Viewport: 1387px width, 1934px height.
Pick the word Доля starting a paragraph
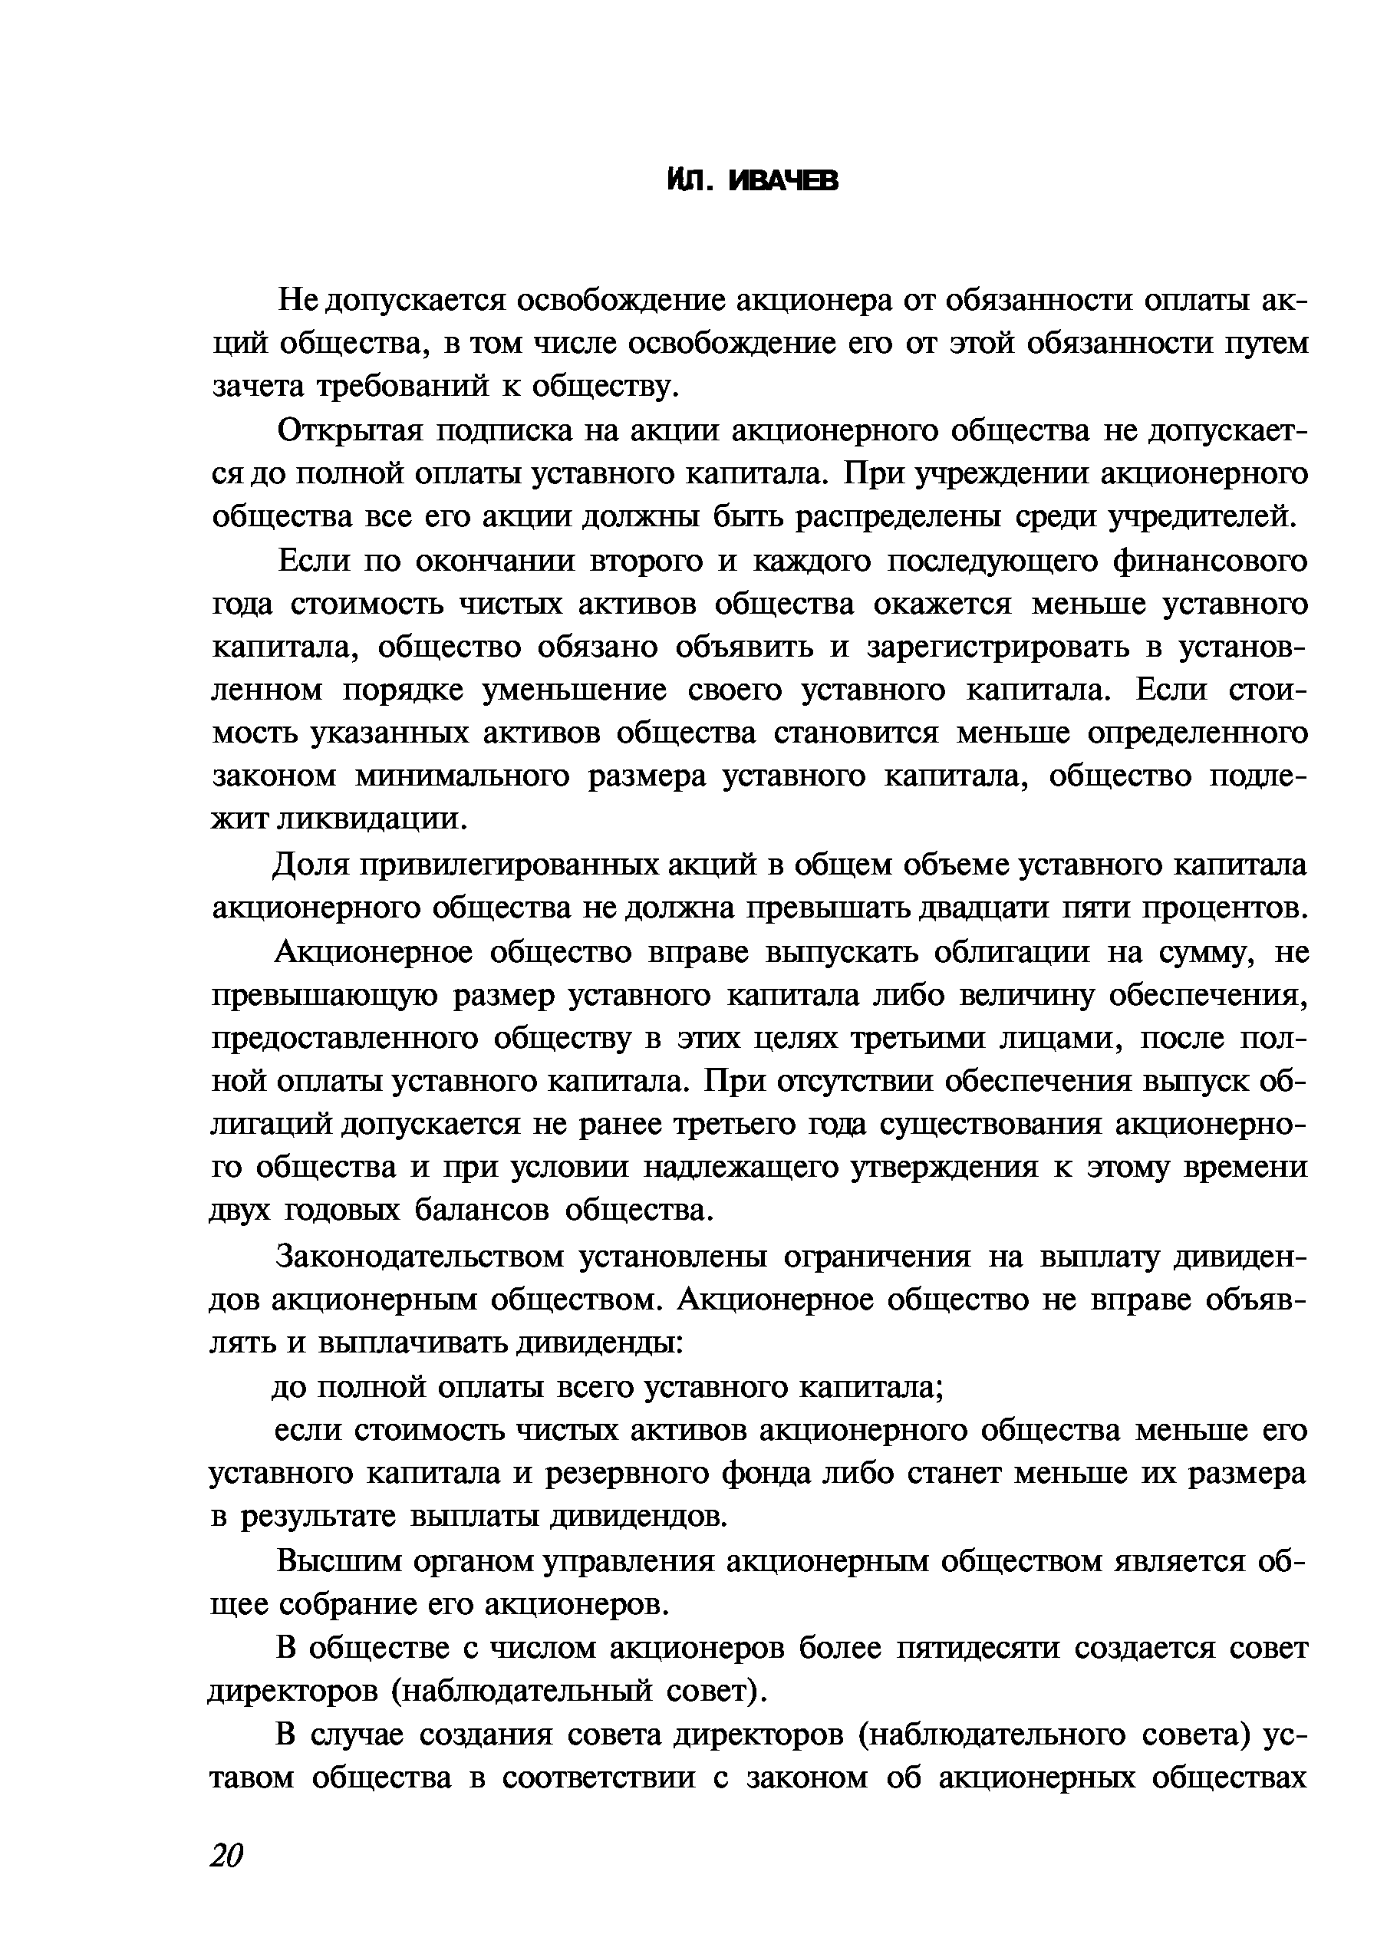pos(308,865)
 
